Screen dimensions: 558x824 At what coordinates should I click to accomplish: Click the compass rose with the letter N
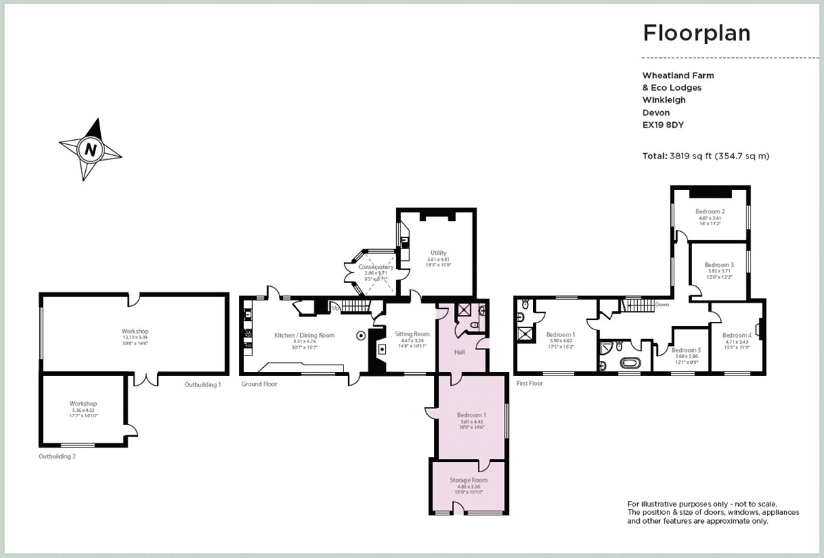(90, 148)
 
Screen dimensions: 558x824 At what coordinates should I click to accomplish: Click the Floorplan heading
(696, 32)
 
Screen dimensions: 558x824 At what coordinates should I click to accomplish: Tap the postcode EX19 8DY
(663, 125)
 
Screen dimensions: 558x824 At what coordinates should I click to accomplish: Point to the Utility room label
(438, 253)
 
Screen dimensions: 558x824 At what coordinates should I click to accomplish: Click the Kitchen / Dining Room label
(304, 335)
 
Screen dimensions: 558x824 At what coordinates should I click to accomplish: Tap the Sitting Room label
(412, 334)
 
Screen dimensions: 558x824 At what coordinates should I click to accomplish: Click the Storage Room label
(468, 480)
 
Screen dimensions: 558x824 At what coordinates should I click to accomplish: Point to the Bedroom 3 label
(719, 265)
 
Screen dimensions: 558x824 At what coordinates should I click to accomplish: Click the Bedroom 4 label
(737, 335)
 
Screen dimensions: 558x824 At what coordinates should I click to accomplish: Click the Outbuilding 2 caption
(57, 456)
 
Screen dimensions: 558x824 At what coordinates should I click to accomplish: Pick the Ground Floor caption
(259, 384)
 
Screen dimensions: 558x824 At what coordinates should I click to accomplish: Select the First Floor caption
(529, 383)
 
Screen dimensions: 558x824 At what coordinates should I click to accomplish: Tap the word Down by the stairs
(662, 304)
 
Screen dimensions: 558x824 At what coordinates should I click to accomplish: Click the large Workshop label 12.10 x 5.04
(136, 332)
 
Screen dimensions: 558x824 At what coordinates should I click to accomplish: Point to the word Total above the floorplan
(654, 156)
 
